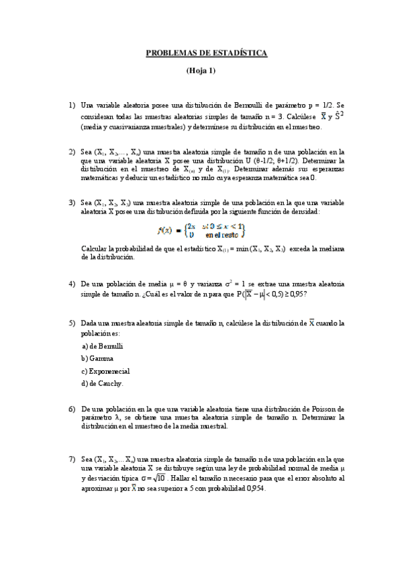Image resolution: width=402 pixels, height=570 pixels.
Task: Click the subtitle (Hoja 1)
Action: (201, 70)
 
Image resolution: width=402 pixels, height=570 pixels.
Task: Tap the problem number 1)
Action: (71, 106)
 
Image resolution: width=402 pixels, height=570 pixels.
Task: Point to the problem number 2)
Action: (71, 152)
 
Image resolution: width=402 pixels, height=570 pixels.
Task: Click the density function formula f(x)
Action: (201, 231)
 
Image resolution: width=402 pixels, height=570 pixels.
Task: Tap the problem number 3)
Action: (71, 202)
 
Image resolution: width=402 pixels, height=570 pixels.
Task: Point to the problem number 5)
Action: (71, 323)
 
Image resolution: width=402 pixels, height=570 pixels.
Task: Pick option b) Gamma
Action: (97, 358)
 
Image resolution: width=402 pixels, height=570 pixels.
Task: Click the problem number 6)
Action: (71, 409)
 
